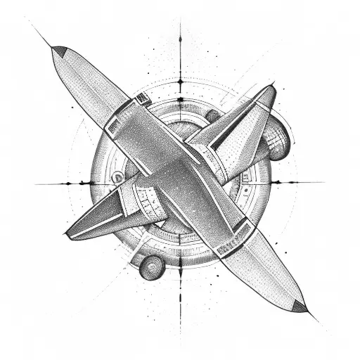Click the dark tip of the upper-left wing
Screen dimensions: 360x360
[x=60, y=52]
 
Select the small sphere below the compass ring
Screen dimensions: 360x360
[x=150, y=266]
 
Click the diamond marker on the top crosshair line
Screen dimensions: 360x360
[x=180, y=82]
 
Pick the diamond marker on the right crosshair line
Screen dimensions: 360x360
[x=275, y=182]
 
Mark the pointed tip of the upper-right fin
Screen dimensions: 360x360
[x=271, y=89]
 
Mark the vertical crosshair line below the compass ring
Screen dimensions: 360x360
[x=180, y=295]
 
